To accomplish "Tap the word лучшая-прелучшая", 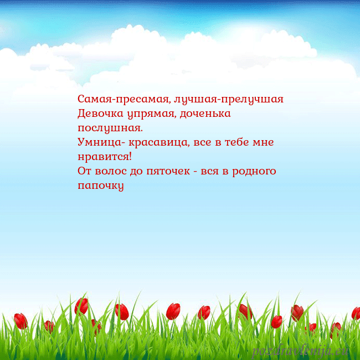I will tap(229, 100).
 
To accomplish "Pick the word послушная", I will tap(110, 128).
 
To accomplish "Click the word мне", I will tap(263, 142).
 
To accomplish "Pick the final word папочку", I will tap(100, 186).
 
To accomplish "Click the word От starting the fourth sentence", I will tap(85, 171).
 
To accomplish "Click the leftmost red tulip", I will tap(20, 321).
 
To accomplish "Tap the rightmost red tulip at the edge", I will tap(356, 313).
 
